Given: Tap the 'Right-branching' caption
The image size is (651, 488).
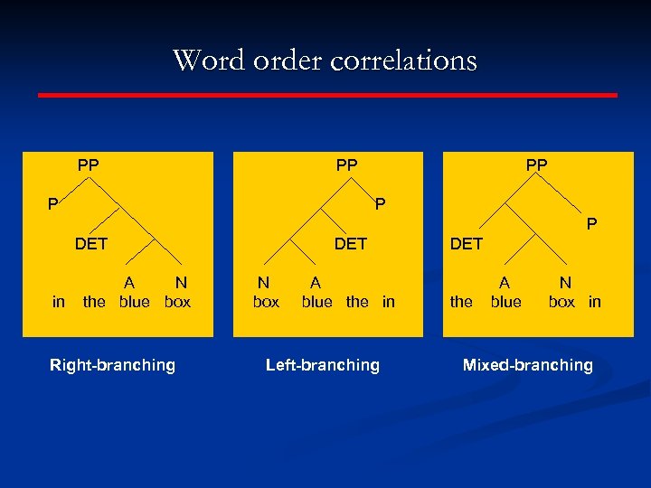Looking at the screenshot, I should point(112,365).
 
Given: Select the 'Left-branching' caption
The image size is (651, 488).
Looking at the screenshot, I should point(323,365).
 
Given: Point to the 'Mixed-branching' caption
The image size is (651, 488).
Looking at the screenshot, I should point(528,365).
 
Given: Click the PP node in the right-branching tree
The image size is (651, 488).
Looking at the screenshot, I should point(89,165).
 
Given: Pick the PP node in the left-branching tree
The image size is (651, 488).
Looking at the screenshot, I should point(346,165).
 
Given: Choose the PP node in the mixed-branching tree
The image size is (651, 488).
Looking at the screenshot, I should point(536,165).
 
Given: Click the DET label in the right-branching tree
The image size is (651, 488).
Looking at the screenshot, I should point(91,243).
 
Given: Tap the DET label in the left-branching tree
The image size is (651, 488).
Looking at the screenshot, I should point(351,243).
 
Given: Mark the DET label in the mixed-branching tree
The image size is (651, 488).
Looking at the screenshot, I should point(467,244).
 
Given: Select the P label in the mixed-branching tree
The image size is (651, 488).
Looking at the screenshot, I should point(591,222).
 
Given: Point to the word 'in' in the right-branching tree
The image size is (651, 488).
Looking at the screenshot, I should point(59,302).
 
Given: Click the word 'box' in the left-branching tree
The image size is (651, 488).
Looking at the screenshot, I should point(266,302).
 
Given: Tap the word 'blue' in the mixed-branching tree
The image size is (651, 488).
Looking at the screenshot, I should point(506,302).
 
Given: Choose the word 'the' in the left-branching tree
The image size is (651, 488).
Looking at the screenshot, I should point(357,302).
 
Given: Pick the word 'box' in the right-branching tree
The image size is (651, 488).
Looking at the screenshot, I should point(178,302).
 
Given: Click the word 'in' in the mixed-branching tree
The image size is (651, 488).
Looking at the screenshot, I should point(594,302).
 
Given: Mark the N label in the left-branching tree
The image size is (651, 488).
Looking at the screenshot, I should point(263,283).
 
